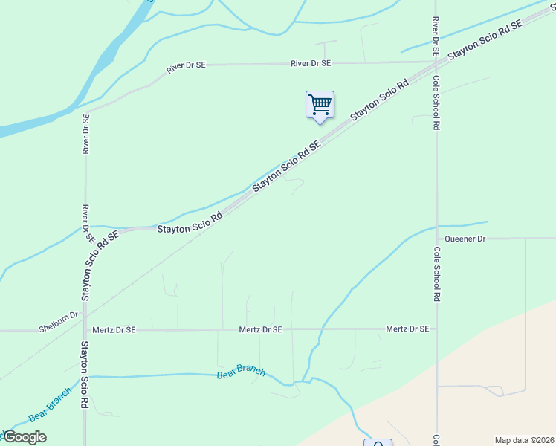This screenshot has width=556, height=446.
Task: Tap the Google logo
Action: [x=25, y=437]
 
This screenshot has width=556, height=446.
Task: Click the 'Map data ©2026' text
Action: [x=525, y=440]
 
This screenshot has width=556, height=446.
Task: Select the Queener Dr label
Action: [x=465, y=239]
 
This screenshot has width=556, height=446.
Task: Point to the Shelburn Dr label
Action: [x=58, y=315]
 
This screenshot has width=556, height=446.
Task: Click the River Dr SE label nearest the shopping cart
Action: [x=310, y=65]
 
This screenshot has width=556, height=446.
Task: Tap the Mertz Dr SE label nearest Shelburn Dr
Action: [x=114, y=329]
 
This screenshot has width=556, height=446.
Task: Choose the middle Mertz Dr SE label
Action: [x=260, y=329]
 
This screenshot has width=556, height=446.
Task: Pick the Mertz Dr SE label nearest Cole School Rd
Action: [x=407, y=329]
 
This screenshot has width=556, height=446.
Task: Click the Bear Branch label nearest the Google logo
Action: [x=50, y=404]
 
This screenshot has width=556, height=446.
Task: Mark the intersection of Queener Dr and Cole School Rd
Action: [x=437, y=239]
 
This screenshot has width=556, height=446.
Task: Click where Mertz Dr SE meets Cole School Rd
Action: [x=437, y=329]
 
